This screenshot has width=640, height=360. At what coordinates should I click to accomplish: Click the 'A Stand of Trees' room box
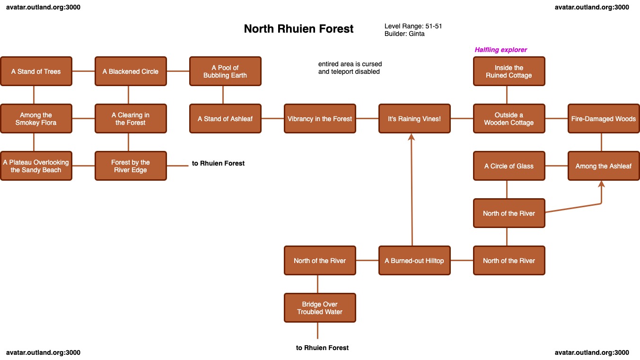36,71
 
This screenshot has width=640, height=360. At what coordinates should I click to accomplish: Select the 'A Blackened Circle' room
131,71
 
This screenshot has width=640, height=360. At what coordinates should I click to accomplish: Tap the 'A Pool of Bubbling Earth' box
225,71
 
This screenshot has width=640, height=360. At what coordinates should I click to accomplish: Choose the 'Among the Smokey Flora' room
36,119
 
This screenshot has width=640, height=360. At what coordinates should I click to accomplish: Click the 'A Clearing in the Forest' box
131,119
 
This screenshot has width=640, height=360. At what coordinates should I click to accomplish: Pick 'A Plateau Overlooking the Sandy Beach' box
36,166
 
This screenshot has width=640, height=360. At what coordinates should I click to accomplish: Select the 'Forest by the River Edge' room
131,166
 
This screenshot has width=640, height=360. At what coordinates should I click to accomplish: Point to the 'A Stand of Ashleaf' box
225,119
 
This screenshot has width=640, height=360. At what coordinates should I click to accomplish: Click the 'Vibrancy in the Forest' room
320,119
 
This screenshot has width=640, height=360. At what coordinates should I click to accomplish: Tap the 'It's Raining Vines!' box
414,119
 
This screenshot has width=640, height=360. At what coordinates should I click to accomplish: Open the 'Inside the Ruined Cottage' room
509,71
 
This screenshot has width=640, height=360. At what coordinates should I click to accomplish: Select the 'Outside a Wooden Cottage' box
509,119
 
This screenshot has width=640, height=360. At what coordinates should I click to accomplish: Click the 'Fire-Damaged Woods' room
604,119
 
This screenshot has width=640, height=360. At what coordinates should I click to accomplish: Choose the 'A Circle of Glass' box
509,166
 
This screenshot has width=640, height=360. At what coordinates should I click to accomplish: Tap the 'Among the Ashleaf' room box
604,166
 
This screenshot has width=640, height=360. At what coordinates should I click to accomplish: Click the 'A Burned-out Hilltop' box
414,261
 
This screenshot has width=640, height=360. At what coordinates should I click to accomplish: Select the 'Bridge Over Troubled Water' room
320,308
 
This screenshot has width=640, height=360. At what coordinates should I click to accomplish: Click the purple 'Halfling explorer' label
500,50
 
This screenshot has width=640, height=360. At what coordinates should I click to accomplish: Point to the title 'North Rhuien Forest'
298,29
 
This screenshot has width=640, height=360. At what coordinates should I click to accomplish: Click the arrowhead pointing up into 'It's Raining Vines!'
412,137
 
